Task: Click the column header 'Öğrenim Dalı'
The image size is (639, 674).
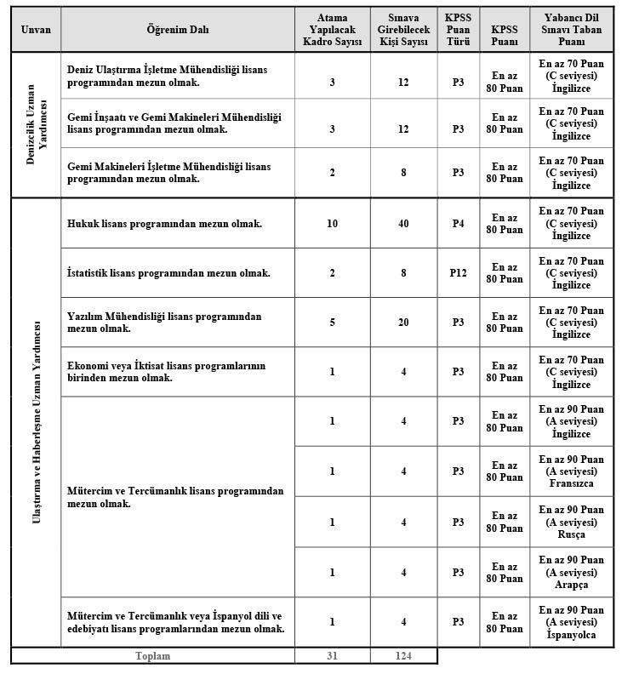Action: (177, 29)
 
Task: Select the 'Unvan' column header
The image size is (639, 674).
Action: (36, 29)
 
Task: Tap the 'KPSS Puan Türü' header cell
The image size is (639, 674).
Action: (458, 29)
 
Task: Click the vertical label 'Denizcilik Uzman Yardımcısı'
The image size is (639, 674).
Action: (36, 125)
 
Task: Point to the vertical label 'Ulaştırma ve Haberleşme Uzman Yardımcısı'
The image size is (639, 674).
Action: (36, 423)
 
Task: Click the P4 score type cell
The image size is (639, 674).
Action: (458, 224)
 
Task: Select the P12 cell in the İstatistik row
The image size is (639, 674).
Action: (458, 273)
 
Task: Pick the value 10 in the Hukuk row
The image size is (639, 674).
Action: (332, 224)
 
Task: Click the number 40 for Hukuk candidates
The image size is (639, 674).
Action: (403, 224)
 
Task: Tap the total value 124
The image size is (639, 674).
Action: (403, 656)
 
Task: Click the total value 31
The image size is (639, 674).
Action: (332, 656)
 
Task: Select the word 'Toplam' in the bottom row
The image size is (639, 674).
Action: (153, 656)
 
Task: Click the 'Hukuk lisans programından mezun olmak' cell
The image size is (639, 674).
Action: (164, 224)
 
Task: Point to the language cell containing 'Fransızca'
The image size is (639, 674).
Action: (571, 471)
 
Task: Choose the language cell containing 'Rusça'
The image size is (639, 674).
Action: (571, 522)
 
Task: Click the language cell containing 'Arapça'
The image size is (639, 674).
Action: (571, 572)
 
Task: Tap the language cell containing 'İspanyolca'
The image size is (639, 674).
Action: (571, 622)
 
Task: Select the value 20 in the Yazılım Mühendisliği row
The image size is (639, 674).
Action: (403, 323)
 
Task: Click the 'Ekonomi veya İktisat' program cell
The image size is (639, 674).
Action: (166, 372)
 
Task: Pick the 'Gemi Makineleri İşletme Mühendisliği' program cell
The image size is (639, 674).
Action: (168, 173)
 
